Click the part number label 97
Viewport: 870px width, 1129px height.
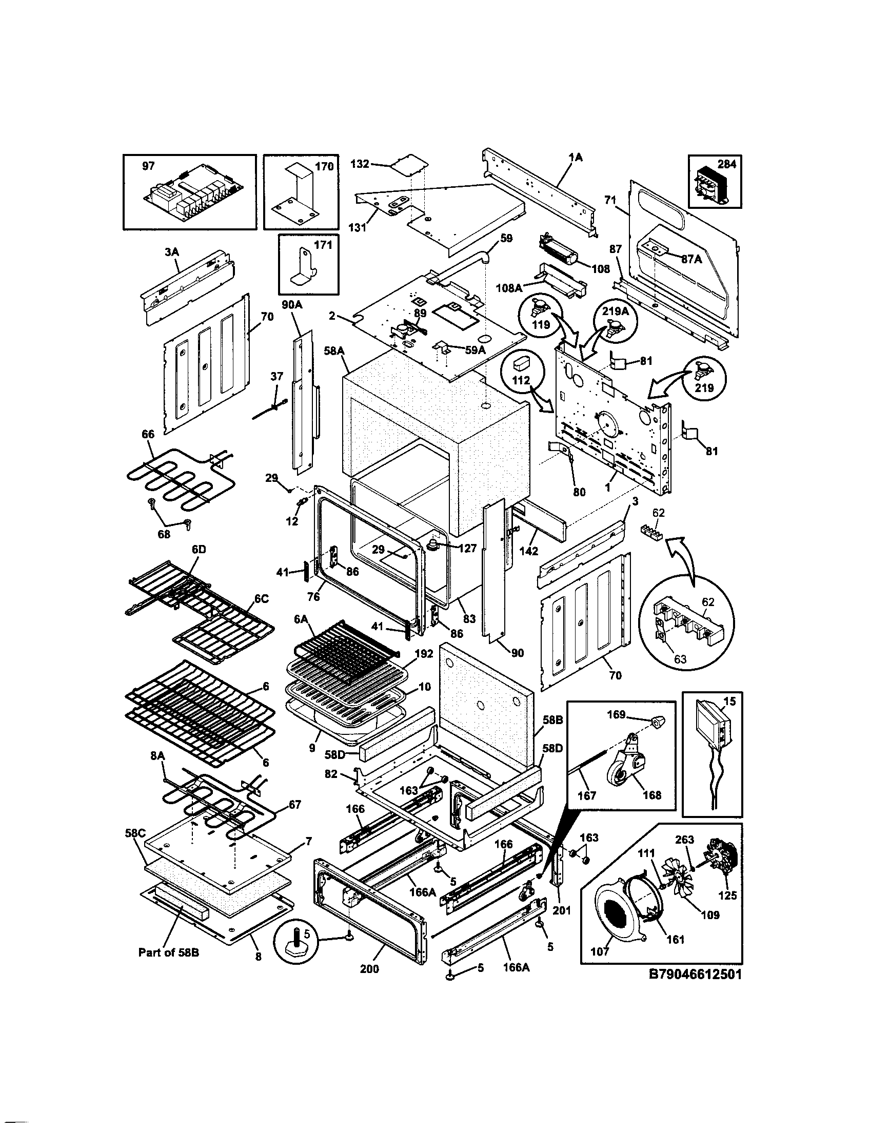coord(148,166)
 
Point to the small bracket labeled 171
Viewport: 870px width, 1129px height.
coord(304,267)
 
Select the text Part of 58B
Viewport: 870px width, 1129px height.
coord(168,951)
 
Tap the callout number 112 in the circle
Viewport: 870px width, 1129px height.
coord(521,380)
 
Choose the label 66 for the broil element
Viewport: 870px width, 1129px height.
coord(148,434)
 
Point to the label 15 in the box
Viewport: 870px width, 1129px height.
coord(729,702)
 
